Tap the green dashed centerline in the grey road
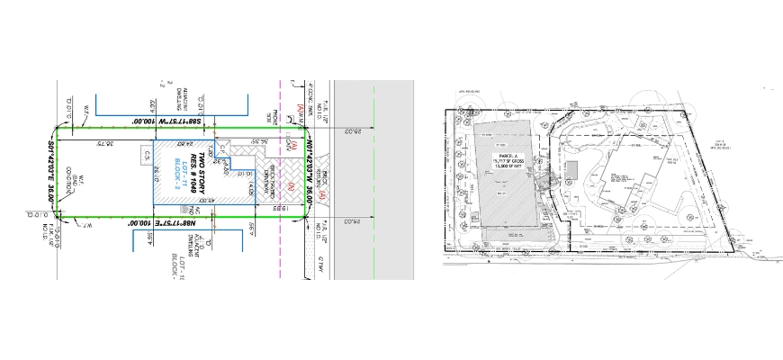[x=372, y=180]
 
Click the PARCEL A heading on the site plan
[x=511, y=154]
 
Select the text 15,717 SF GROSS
[x=512, y=160]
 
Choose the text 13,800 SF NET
[x=512, y=166]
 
